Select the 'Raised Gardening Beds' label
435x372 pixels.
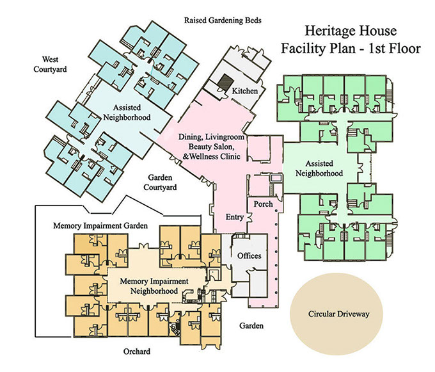click(x=223, y=20)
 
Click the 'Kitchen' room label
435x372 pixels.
click(x=245, y=91)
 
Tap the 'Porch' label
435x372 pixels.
click(x=263, y=204)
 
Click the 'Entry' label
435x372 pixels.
click(x=235, y=217)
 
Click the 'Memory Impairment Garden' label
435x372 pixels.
click(x=101, y=226)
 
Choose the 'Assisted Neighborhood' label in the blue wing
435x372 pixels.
click(x=127, y=113)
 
